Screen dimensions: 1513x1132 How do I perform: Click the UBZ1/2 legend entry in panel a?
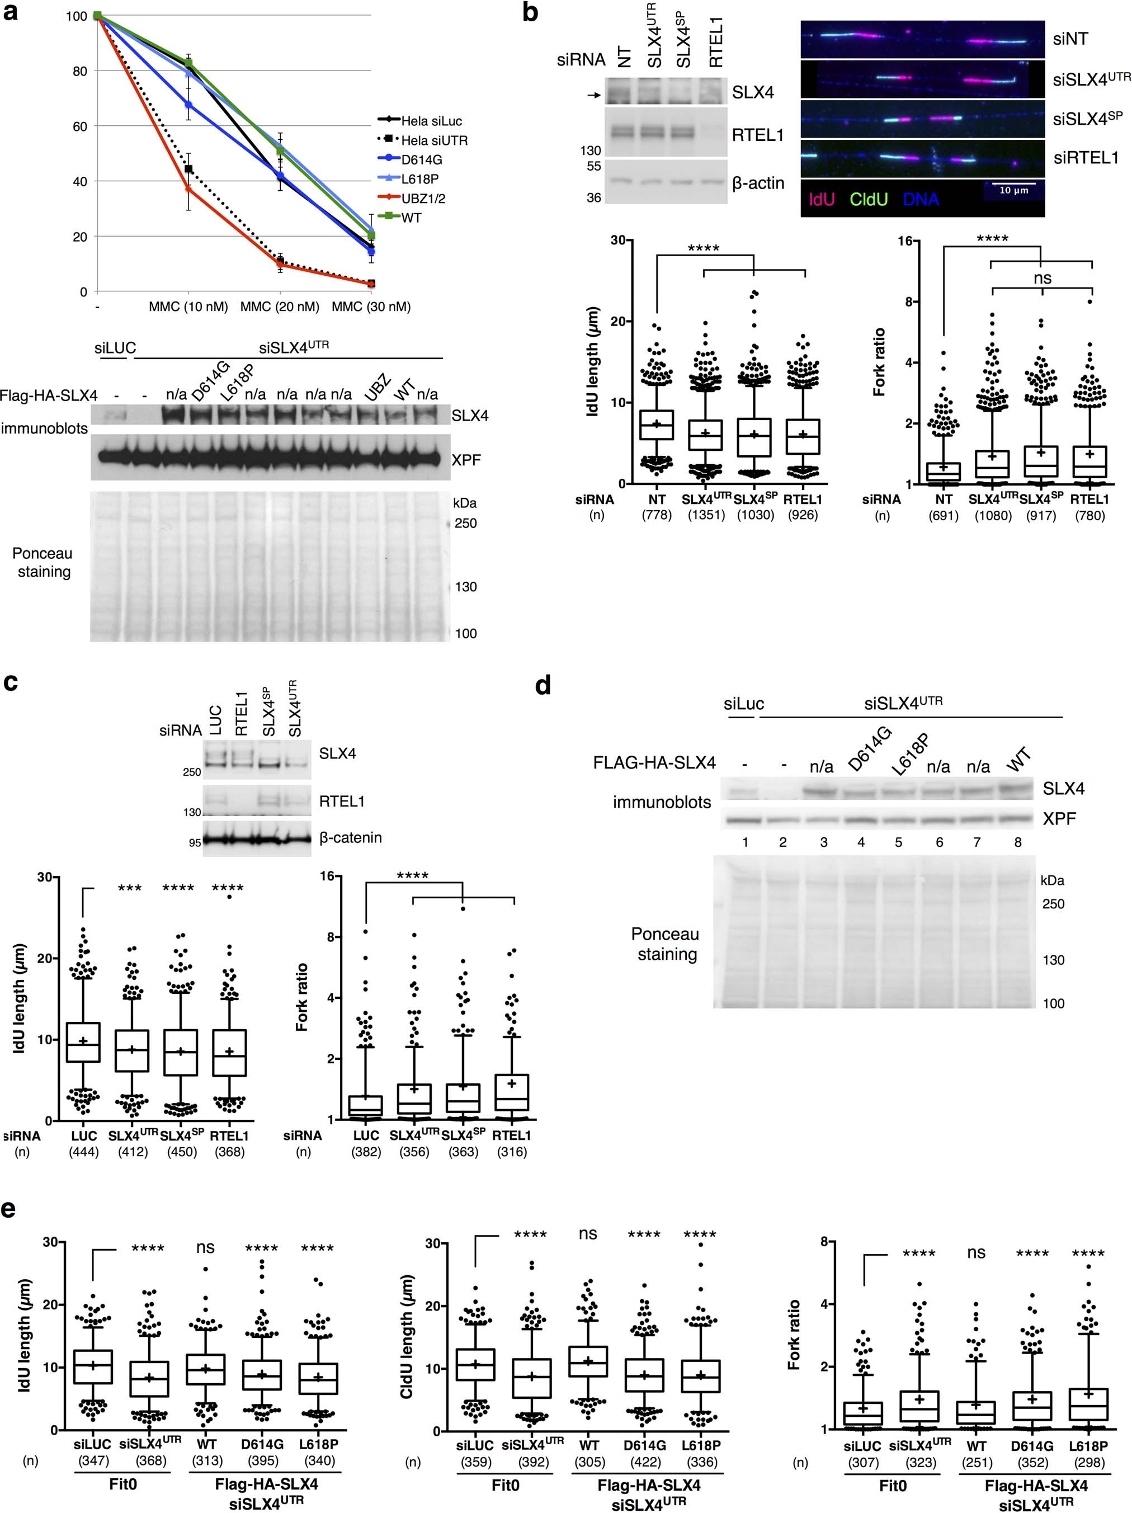pos(424,199)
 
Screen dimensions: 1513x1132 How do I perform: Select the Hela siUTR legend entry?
pos(435,141)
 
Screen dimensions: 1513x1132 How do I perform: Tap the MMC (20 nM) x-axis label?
pos(280,307)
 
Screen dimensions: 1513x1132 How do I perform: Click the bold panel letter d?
pos(543,685)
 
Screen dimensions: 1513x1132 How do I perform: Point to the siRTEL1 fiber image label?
pos(1086,158)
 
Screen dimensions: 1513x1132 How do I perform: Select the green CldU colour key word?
pos(869,200)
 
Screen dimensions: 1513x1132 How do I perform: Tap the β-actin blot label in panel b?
pos(758,183)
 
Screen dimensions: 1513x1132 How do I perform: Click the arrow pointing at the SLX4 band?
pos(593,96)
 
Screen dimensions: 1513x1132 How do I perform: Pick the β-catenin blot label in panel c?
pos(350,838)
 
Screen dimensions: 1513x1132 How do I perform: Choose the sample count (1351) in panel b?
pos(706,515)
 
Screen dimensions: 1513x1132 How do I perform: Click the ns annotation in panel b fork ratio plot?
pos(1043,279)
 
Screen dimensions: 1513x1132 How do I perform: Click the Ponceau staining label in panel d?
pos(666,944)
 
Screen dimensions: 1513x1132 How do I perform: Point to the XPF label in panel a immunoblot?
pos(466,460)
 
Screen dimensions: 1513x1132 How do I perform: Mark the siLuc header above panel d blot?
pos(743,704)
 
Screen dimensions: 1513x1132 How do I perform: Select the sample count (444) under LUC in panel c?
pos(83,1152)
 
